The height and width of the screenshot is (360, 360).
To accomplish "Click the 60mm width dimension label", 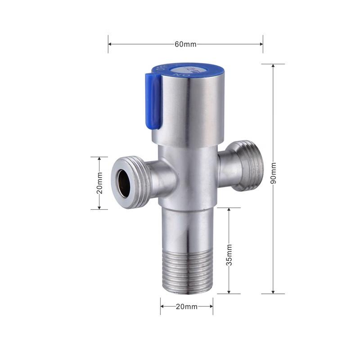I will [185, 44].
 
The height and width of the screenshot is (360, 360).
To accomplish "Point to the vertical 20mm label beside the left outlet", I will [100, 183].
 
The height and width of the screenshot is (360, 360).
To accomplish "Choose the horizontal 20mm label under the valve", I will [186, 306].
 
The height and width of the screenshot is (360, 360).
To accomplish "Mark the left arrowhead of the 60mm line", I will [110, 44].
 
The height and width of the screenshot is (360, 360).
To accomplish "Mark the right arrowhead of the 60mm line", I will [261, 44].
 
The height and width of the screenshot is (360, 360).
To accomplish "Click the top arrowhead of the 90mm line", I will [273, 66].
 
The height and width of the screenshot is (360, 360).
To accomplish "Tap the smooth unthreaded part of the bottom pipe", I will [186, 229].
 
